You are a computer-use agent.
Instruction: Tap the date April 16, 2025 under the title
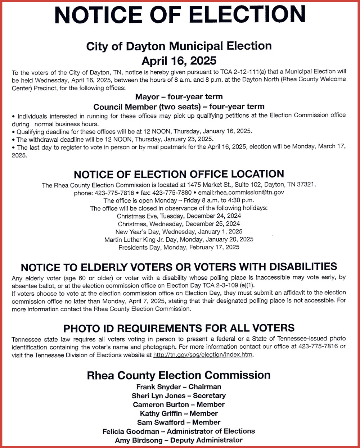click(x=179, y=59)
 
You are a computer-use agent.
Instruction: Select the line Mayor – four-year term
click(x=179, y=97)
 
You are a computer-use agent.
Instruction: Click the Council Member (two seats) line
click(x=179, y=107)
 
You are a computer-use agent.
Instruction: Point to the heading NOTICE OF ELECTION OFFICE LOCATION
click(x=179, y=175)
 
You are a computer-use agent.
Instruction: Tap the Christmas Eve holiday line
click(x=179, y=216)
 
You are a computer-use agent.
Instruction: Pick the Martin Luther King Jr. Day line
click(x=179, y=239)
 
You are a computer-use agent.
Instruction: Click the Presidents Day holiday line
click(x=179, y=247)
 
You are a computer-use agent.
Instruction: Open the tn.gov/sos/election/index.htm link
click(x=203, y=355)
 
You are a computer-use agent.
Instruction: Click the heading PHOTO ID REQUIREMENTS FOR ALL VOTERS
click(x=179, y=328)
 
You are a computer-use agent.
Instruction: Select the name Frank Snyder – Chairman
click(x=179, y=387)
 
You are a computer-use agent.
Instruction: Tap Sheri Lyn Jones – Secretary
click(x=179, y=396)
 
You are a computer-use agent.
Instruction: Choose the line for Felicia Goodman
click(x=179, y=431)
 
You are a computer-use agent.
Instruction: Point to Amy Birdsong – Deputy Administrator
click(x=179, y=440)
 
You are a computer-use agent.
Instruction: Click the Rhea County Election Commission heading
click(x=179, y=375)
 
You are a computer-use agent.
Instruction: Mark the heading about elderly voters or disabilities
click(x=179, y=267)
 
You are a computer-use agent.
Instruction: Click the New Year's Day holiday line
click(x=179, y=232)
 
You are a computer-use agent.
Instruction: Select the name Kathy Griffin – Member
click(x=179, y=413)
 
